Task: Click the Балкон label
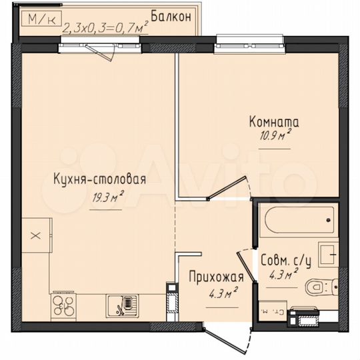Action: pos(171,15)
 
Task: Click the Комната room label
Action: pos(273,123)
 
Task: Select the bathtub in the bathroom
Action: pos(297,221)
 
